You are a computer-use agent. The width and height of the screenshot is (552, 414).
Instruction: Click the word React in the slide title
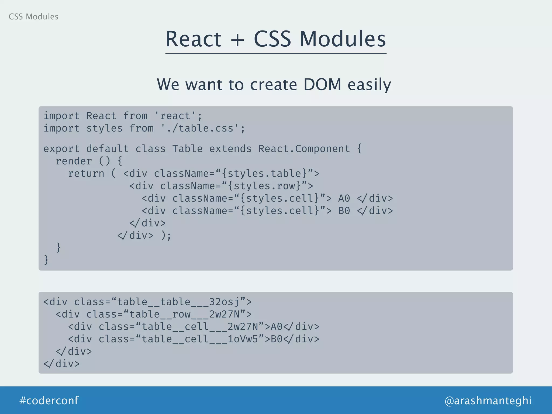coord(193,39)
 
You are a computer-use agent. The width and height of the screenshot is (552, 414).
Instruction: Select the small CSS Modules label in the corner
coord(33,17)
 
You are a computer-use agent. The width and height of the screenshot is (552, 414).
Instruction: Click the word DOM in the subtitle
coord(322,84)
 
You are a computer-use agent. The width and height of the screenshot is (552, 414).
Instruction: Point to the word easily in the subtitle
coord(369,85)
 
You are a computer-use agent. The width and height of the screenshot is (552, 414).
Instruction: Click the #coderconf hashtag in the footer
coord(49,401)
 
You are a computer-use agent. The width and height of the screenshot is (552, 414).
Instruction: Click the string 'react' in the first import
coord(175,116)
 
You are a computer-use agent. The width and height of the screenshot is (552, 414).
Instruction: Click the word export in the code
coord(61,149)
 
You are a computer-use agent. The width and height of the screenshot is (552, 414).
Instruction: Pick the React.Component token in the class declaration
coord(304,149)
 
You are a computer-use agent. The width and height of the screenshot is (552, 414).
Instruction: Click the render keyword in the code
coord(74,161)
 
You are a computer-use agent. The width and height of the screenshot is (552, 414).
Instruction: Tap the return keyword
coord(86,174)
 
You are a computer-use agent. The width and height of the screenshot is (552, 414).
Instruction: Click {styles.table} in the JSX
coord(264,174)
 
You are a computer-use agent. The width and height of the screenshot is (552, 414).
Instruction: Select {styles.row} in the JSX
coord(264,186)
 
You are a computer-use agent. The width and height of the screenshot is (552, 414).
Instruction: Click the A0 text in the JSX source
coord(344,198)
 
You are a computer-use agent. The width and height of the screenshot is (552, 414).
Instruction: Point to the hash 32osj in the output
coord(224,302)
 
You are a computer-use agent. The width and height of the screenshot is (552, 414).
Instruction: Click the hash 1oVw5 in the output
coord(243,339)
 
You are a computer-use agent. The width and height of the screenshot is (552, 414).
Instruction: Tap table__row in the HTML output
coord(160,314)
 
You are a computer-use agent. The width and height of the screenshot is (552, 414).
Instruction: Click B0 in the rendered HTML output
coord(277,339)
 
